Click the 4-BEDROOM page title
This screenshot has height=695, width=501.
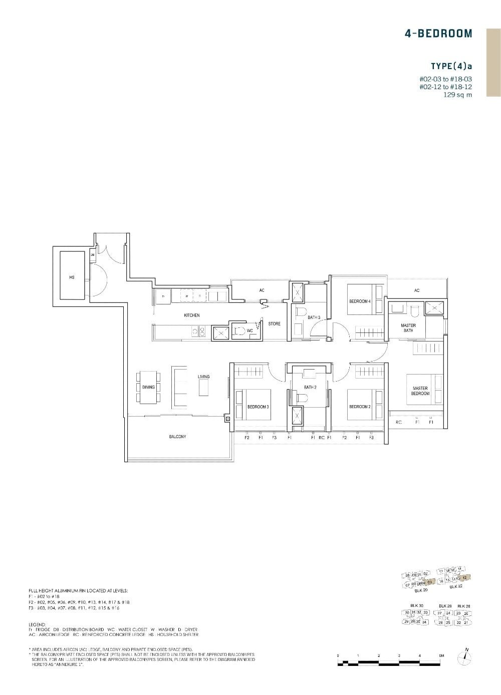click(438, 34)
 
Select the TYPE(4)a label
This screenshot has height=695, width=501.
click(451, 66)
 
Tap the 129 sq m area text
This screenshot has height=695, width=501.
click(457, 95)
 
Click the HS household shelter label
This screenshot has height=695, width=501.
click(72, 277)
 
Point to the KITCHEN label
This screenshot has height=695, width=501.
click(191, 315)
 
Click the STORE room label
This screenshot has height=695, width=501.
click(274, 324)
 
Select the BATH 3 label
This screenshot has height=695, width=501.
click(314, 317)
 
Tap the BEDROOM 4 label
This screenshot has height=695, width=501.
click(360, 301)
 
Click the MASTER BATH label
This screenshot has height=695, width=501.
click(408, 327)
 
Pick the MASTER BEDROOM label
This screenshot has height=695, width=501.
click(420, 391)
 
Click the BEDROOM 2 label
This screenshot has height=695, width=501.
click(360, 407)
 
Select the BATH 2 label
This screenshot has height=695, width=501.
click(310, 387)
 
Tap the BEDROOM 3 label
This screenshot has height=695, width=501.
click(258, 407)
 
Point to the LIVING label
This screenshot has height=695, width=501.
click(203, 377)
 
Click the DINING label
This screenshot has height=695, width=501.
click(148, 387)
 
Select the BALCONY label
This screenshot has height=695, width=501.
click(177, 437)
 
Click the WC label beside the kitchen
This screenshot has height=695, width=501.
click(249, 330)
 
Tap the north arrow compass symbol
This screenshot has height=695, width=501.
click(466, 656)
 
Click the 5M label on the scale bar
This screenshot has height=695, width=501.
click(441, 655)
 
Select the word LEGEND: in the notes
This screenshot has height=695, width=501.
click(38, 624)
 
